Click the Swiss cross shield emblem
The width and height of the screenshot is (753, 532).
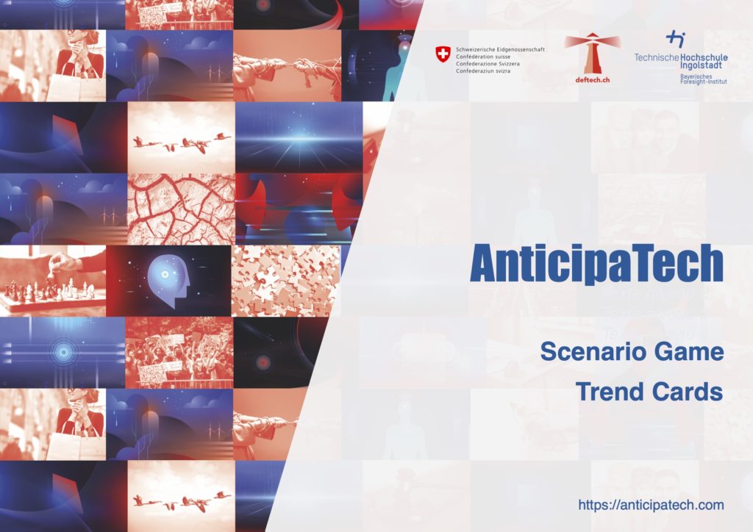tap(443, 54)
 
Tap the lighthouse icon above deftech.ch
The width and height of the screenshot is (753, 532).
tap(592, 53)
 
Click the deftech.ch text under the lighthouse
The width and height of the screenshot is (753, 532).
tap(592, 80)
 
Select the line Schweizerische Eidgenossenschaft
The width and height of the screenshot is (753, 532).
tap(500, 49)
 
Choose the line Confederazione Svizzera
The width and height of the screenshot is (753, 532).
tap(488, 64)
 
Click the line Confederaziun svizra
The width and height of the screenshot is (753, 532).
tap(482, 71)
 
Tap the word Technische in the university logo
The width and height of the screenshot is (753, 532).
tap(657, 57)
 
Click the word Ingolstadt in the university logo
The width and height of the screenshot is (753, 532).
tap(701, 65)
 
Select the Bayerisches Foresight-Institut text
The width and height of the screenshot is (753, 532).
tap(703, 79)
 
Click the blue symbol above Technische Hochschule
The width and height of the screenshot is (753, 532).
tap(676, 39)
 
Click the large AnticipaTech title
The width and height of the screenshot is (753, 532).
tap(596, 265)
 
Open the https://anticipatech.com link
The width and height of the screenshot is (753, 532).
tap(651, 505)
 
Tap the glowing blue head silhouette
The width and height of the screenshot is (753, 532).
tap(168, 281)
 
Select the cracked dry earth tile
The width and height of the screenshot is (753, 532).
tap(181, 209)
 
